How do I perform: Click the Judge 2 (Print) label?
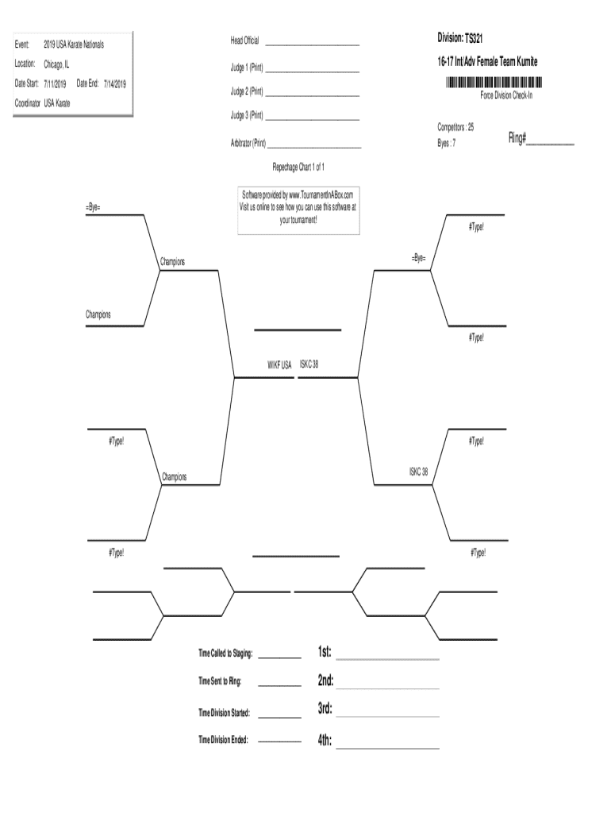click(247, 91)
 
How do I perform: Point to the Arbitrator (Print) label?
click(248, 144)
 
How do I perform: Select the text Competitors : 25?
click(455, 127)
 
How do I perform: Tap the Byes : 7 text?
click(447, 144)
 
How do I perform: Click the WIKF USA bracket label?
click(279, 365)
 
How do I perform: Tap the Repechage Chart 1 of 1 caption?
click(298, 168)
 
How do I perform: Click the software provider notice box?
click(298, 210)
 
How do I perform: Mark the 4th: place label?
click(325, 741)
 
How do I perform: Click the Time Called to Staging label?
click(225, 653)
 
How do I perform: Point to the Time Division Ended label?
click(223, 740)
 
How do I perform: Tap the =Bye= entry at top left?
click(94, 207)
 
